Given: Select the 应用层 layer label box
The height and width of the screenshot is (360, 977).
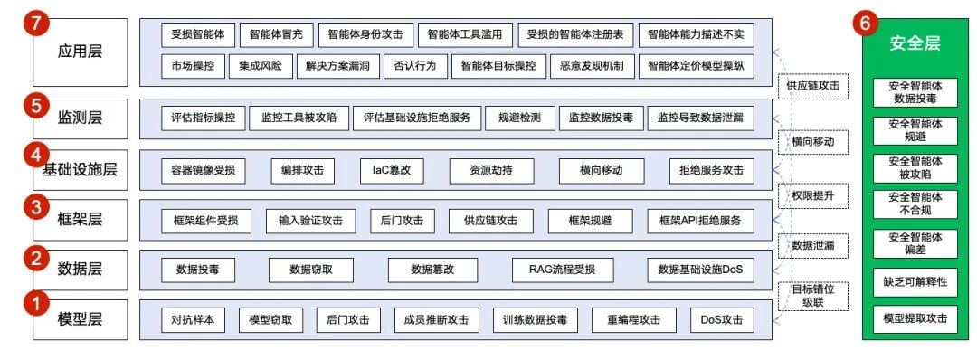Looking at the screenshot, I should [x=79, y=51].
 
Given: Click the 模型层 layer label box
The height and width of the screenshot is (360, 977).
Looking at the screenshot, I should [x=79, y=319].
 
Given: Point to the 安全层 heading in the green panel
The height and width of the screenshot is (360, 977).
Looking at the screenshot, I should [x=915, y=43].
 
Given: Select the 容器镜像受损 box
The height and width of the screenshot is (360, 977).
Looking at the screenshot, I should [x=203, y=169].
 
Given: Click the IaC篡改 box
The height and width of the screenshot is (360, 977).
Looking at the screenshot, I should [x=392, y=169].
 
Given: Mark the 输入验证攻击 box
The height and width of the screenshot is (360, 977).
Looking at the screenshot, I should [x=311, y=220].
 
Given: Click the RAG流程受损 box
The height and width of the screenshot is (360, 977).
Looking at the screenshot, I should [x=562, y=269].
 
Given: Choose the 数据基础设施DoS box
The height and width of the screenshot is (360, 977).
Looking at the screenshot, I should [x=706, y=269].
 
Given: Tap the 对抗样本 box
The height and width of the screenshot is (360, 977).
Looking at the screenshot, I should [x=192, y=319].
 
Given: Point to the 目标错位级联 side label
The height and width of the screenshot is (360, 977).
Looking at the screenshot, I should [x=812, y=295].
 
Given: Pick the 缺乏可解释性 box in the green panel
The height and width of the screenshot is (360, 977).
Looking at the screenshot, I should [x=915, y=282].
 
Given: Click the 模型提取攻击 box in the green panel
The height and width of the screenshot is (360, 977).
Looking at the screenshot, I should [x=915, y=318].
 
